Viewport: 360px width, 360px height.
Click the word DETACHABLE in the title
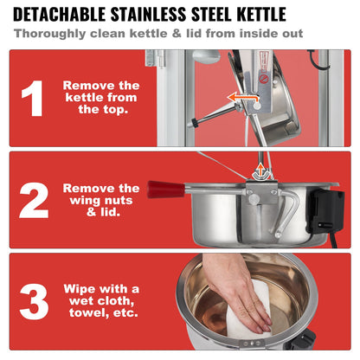(x=60, y=14)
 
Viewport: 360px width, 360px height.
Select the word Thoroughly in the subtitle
(x=50, y=34)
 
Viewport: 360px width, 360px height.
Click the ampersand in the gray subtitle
(x=177, y=34)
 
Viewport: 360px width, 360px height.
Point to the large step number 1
(x=33, y=99)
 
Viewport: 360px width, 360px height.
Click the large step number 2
(x=34, y=201)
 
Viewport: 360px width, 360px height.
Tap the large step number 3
(x=34, y=301)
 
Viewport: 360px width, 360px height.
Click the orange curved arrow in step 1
(x=244, y=98)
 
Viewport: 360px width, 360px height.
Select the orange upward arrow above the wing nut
(x=260, y=170)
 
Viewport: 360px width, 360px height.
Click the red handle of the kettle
(x=165, y=190)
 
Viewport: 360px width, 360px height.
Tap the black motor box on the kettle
(x=325, y=211)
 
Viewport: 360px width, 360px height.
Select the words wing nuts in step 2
(x=101, y=200)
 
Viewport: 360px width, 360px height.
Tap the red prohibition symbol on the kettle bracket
(x=263, y=79)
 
